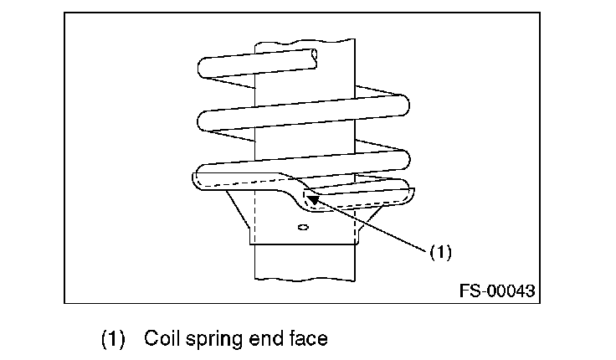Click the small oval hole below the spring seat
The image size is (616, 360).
tap(303, 227)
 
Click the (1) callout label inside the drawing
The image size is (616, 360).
tap(441, 252)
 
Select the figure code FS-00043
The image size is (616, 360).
tap(497, 291)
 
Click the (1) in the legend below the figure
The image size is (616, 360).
tap(113, 339)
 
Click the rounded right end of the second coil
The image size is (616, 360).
tap(404, 105)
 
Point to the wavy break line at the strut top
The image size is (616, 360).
tap(305, 41)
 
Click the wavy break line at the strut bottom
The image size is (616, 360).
tap(305, 280)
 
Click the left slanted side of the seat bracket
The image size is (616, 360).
tap(238, 209)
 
